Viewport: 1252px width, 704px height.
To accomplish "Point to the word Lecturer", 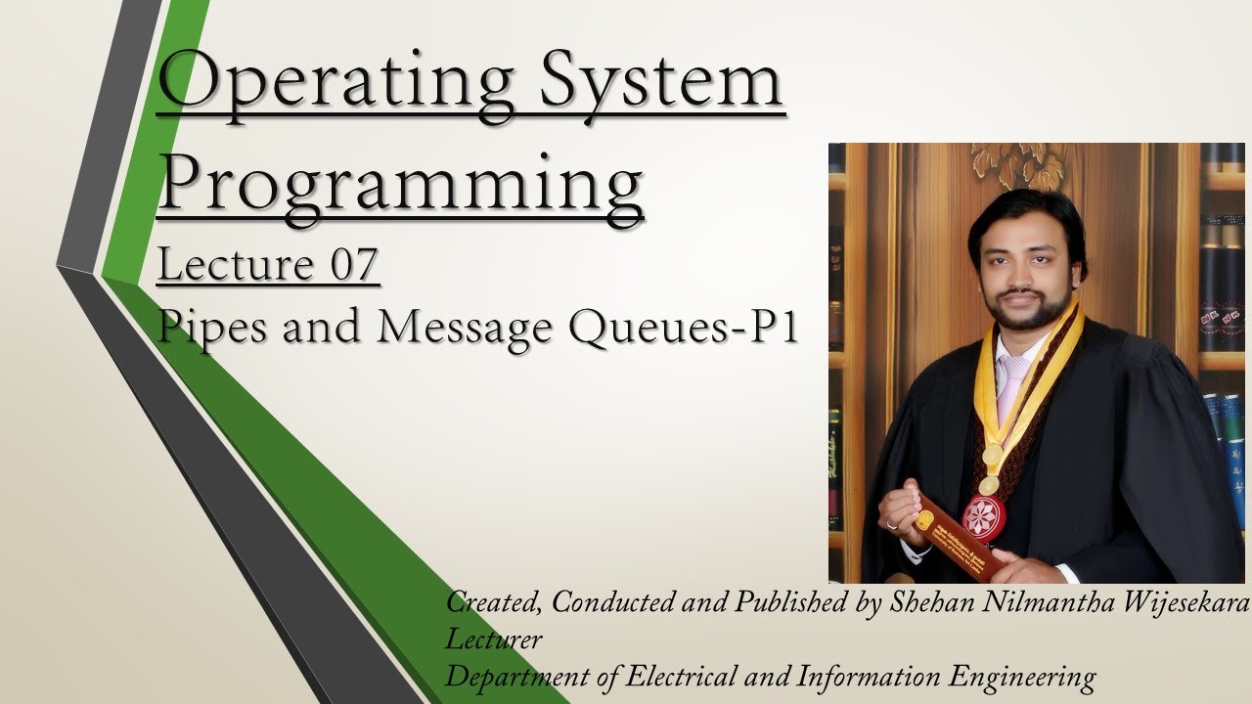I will point(493,639).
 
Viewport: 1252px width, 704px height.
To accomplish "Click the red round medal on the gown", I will point(984,517).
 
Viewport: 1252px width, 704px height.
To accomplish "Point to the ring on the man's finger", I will point(891,525).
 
